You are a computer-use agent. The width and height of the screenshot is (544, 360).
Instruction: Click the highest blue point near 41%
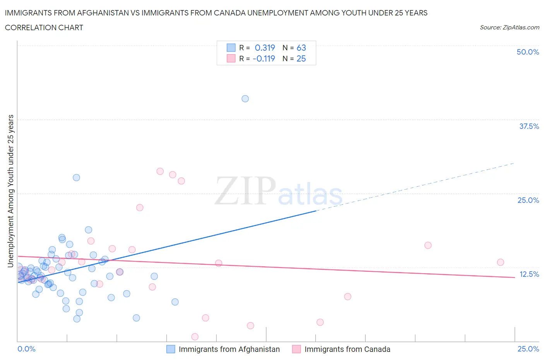tap(245, 99)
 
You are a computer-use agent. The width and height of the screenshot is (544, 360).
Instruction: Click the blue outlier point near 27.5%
tap(76, 178)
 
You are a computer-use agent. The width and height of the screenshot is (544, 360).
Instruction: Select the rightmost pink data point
tap(500, 262)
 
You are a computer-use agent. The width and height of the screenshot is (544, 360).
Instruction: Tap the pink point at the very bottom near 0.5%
tap(195, 337)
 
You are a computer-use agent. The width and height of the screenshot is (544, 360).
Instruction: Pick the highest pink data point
tap(160, 171)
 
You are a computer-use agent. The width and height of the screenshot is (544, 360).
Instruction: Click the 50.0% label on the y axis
tap(528, 52)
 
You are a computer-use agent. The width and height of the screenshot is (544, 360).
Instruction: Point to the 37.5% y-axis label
tap(529, 126)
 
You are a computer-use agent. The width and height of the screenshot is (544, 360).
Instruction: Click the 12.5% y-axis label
tap(529, 274)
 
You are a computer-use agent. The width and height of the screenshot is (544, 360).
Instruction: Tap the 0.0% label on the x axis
tap(27, 349)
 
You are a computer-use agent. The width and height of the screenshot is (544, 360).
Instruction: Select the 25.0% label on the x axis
tap(528, 349)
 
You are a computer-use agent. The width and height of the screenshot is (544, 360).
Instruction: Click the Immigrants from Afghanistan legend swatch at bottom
tap(171, 349)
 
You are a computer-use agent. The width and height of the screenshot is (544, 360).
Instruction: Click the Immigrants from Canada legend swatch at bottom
tap(296, 349)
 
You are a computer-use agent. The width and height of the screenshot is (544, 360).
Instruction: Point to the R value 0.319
tap(265, 48)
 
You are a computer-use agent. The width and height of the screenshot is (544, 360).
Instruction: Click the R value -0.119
tap(263, 58)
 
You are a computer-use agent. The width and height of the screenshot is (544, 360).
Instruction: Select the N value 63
tap(301, 48)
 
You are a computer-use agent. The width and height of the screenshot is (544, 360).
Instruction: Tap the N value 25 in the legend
tap(301, 58)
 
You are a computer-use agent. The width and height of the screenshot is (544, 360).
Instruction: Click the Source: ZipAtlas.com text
tap(509, 27)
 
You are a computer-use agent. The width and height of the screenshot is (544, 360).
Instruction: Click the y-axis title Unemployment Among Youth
tap(10, 191)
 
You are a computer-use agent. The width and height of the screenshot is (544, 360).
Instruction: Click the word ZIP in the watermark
tap(245, 191)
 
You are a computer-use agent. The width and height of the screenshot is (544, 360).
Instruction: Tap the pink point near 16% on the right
tap(428, 245)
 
